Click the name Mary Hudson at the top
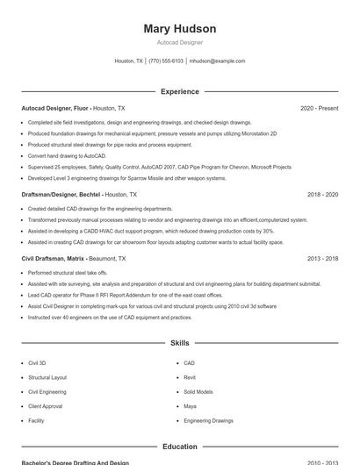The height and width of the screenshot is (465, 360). click(x=179, y=29)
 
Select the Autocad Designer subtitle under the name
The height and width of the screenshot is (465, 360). click(x=179, y=42)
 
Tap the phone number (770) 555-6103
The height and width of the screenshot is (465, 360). click(x=166, y=61)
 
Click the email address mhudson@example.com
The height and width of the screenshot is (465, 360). click(x=217, y=61)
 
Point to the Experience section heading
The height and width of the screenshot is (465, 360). click(x=179, y=91)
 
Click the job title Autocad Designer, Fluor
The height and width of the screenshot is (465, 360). click(x=54, y=108)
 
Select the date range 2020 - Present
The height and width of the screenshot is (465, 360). click(x=319, y=108)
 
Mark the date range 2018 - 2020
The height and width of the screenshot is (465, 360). click(x=322, y=194)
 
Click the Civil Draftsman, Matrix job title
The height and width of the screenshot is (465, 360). click(x=54, y=259)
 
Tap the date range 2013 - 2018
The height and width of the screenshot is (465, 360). click(x=322, y=259)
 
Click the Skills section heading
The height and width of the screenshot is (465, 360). click(x=179, y=343)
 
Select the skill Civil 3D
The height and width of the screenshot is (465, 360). click(x=37, y=362)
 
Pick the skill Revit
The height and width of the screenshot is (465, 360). click(x=190, y=377)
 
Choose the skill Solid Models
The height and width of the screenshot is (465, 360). click(x=198, y=391)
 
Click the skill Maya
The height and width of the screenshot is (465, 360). click(x=190, y=406)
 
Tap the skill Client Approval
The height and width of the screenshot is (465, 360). click(x=46, y=406)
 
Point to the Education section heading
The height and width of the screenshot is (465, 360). click(x=179, y=447)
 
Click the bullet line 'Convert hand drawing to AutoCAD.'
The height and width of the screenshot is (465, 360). click(x=67, y=155)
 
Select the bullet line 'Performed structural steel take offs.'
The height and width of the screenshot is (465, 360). click(x=68, y=273)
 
